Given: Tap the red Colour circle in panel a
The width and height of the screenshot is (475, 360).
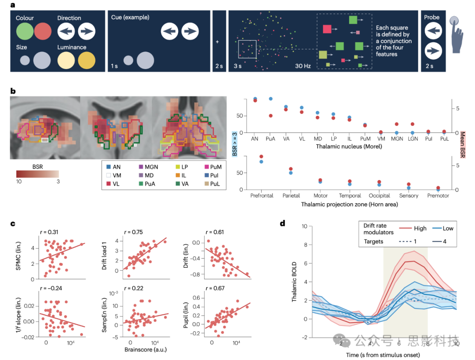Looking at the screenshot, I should click(x=43, y=32).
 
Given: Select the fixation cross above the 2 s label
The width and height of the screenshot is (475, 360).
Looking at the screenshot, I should click(x=219, y=43).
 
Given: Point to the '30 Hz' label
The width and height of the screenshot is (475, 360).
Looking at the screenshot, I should click(x=303, y=66).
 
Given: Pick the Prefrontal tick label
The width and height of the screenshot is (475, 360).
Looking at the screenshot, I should click(x=261, y=196).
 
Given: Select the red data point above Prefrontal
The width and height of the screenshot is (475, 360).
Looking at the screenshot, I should click(x=261, y=157).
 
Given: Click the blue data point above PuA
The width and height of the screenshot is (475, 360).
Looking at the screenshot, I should click(x=271, y=99).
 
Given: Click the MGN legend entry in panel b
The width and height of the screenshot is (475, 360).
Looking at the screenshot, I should click(x=149, y=167).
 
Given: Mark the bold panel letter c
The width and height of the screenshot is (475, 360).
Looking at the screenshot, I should click(x=13, y=223).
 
